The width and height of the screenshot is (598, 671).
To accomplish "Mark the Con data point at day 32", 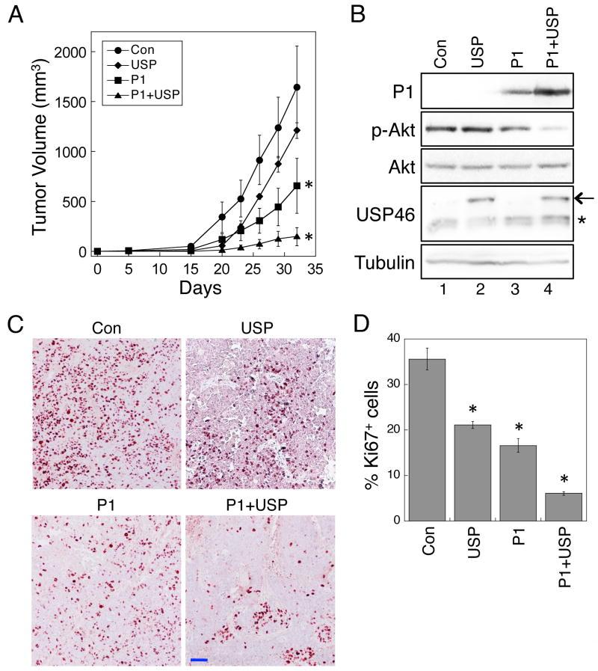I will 298,88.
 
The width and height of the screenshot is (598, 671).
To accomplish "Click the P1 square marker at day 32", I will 298,186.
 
